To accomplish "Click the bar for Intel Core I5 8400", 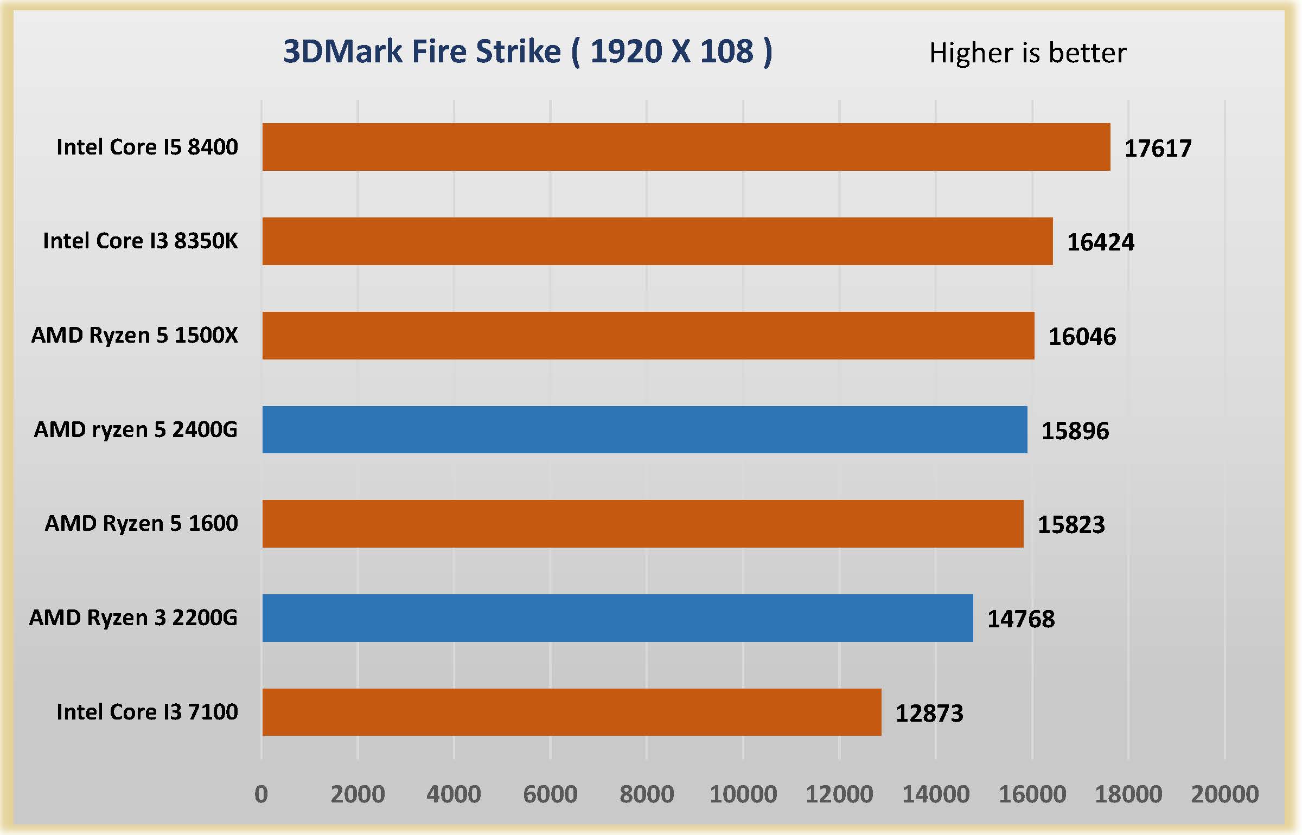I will coord(686,147).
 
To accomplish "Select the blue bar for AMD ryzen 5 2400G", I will coord(644,429).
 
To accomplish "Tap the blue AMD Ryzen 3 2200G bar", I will coord(617,618).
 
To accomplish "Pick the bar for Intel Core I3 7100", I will coord(572,712).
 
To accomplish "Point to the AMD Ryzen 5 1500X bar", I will coord(648,335).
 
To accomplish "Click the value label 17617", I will coord(1158,149).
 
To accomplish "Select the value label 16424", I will coord(1100,242).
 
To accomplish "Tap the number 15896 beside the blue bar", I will coord(1075,431).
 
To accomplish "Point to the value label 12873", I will coord(929,714).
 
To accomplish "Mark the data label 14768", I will coord(1020,619).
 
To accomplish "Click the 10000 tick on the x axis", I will coord(743,794).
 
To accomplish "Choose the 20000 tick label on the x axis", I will coord(1224,794).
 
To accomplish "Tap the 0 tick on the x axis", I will coord(261,794).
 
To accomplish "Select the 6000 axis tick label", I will coord(550,794).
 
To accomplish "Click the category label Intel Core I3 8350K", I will coord(140,241).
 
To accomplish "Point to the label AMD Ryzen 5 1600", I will coord(141,523).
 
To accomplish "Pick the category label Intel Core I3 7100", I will coord(147,712).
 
